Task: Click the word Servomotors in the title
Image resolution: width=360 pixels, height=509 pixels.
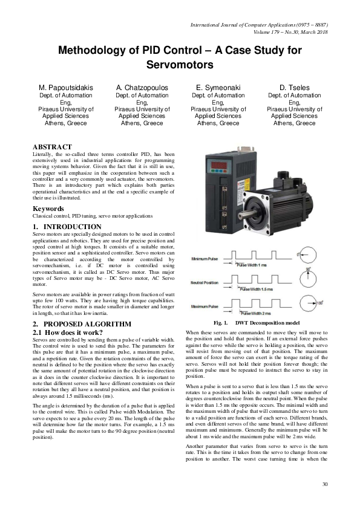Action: click(x=180, y=63)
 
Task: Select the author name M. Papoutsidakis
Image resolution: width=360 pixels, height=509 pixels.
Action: click(x=66, y=88)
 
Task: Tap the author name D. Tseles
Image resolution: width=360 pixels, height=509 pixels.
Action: click(x=294, y=88)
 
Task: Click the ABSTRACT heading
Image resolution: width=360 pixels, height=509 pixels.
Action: click(x=52, y=147)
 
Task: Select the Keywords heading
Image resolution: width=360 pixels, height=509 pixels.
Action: click(x=48, y=209)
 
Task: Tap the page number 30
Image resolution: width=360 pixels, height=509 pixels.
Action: click(x=324, y=483)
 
